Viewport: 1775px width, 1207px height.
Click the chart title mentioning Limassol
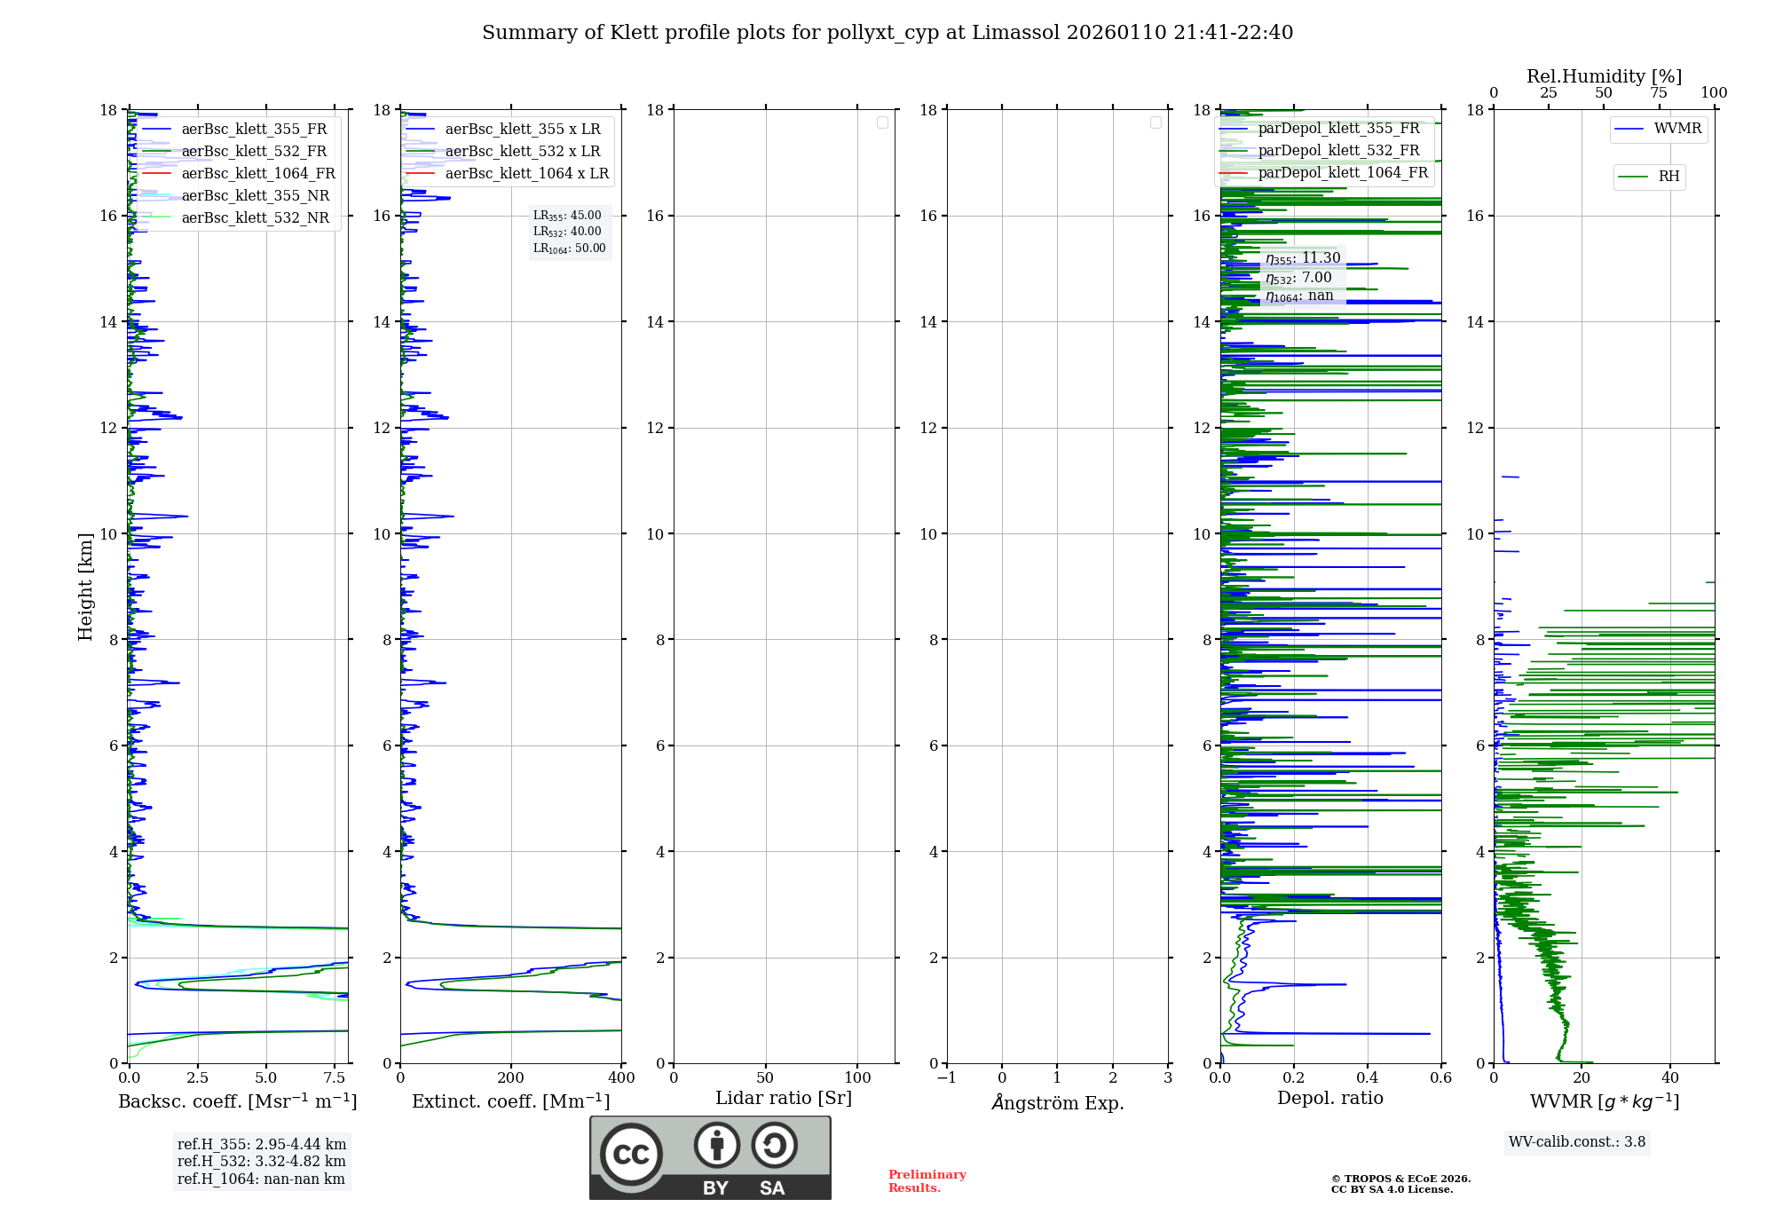pos(887,33)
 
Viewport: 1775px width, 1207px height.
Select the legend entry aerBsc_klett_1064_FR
pos(258,174)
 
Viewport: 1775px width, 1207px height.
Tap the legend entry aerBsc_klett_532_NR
pos(255,218)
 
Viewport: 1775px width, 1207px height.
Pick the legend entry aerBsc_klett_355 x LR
pos(522,130)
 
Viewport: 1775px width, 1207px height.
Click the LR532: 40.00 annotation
pos(567,232)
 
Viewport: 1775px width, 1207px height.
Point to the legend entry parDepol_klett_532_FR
pos(1338,151)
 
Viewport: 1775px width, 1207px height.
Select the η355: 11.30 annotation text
pos(1303,258)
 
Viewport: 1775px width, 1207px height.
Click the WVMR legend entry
pos(1677,130)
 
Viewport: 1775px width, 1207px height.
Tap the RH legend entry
pos(1668,177)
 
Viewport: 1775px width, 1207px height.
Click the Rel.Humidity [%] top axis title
pos(1604,76)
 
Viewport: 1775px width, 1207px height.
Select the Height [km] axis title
pos(85,587)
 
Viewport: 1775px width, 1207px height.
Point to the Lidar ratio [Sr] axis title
pos(784,1098)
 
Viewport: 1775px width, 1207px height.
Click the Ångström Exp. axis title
pos(1058,1102)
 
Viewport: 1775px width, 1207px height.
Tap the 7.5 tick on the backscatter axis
pos(335,1077)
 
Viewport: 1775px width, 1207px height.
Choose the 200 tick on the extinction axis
pos(511,1077)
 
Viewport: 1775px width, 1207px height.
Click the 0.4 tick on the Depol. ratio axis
pos(1368,1077)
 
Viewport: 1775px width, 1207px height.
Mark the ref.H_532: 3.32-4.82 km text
pos(262,1161)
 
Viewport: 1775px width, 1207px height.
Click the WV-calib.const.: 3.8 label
pos(1577,1142)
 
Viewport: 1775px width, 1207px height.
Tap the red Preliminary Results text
pos(927,1181)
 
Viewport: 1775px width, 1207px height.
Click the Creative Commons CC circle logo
pos(631,1155)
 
